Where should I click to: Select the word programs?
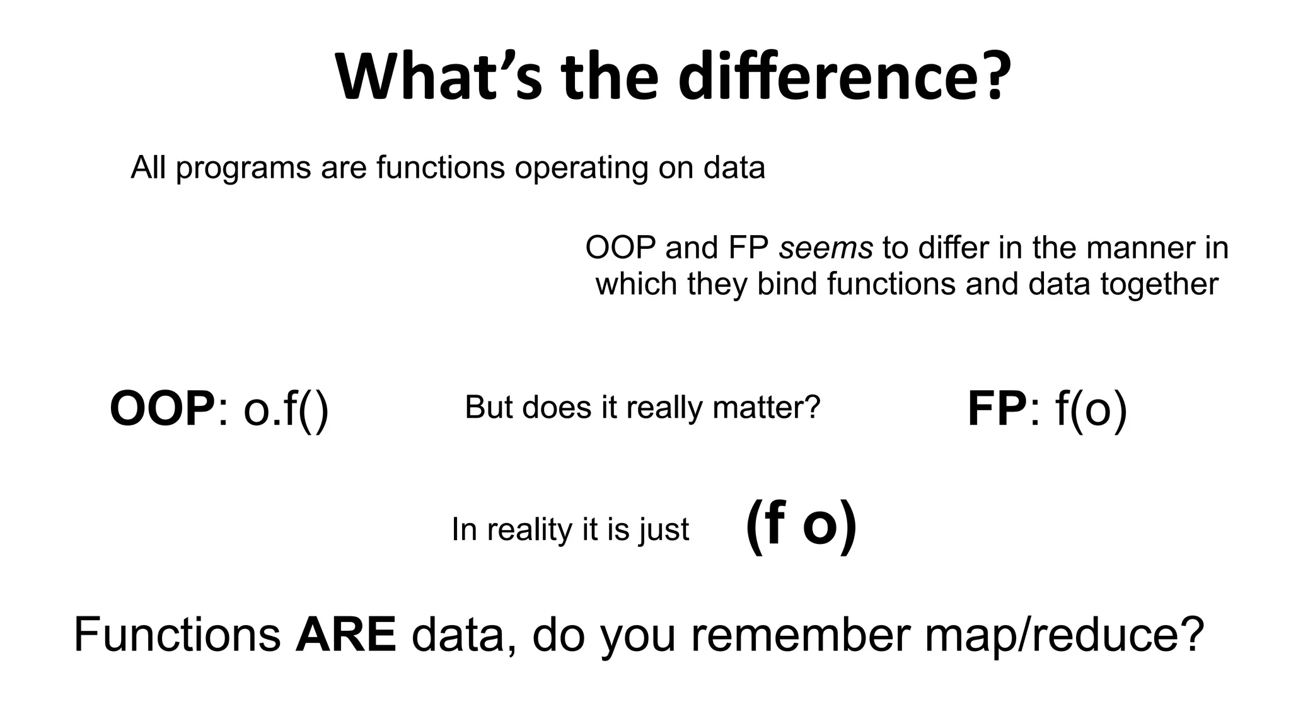tap(243, 168)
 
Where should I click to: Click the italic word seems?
tap(826, 247)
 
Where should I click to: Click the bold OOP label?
tap(162, 410)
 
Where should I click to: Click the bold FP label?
tap(997, 410)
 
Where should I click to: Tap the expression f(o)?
tap(1091, 410)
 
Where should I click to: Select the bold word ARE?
tap(345, 635)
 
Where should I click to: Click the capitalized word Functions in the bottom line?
tap(177, 635)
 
